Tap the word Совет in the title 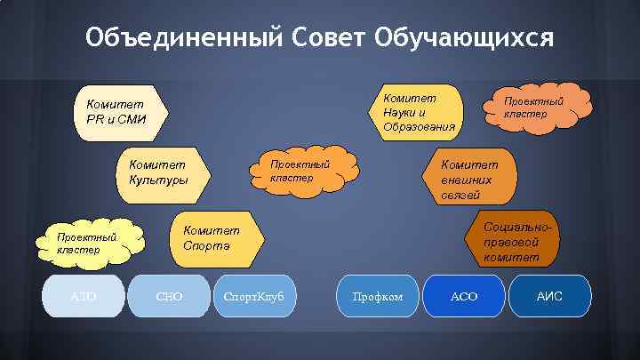(x=329, y=38)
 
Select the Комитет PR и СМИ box (x=116, y=113)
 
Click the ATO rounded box (x=84, y=294)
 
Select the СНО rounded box (x=168, y=294)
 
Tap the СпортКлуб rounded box (x=255, y=294)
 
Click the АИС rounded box (x=549, y=294)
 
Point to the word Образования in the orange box (x=419, y=127)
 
